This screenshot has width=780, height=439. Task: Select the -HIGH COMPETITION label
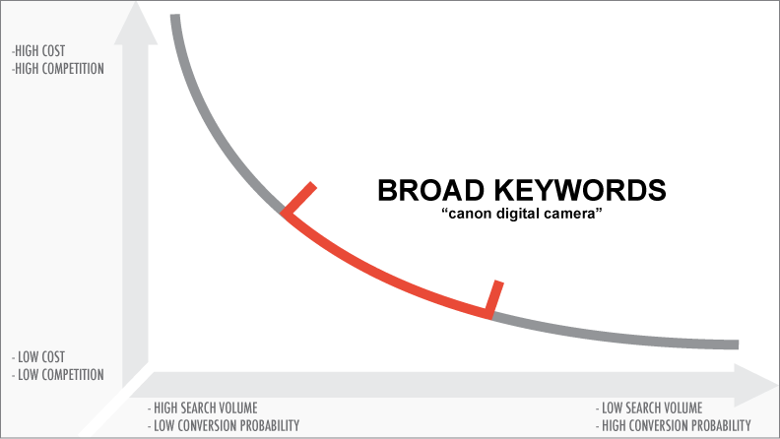[57, 69]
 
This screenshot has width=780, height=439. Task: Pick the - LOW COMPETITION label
[57, 374]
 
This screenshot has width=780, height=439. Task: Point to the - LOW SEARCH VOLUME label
[649, 408]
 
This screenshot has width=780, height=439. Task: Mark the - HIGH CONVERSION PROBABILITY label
[673, 425]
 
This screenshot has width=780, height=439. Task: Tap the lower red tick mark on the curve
[495, 296]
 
